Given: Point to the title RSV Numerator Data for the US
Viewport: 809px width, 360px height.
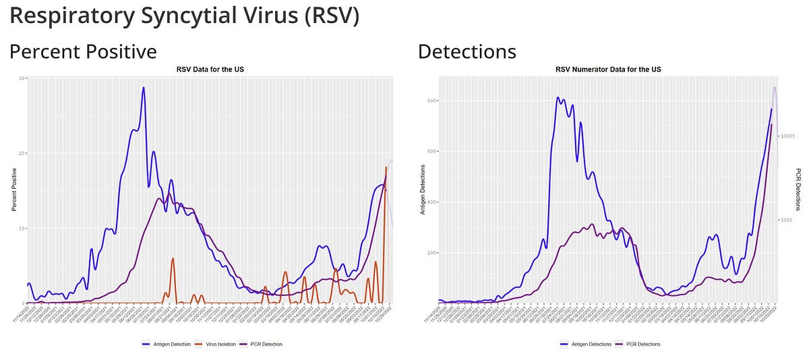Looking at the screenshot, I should point(607,69).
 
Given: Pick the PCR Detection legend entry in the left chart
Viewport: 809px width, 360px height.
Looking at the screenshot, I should point(263,344).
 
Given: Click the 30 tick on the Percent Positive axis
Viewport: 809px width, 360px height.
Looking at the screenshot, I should point(22,78).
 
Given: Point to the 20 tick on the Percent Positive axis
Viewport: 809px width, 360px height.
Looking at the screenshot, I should point(22,153).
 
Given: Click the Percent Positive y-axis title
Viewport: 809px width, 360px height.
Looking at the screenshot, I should point(13,191).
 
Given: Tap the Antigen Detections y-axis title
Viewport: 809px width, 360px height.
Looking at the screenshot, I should point(423,189).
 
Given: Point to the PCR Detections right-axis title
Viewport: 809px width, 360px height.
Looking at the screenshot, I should point(798,189).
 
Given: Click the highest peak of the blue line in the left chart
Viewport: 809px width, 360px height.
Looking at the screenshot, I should point(144,88).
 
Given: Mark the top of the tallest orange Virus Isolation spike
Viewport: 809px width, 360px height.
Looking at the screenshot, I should point(386,167).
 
